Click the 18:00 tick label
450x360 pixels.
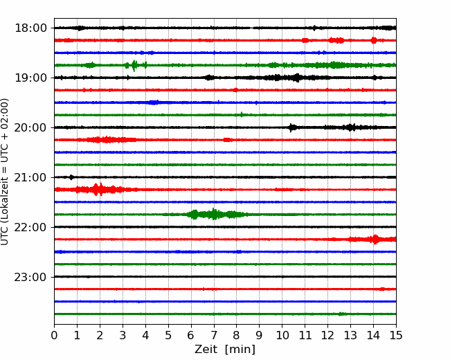(30, 28)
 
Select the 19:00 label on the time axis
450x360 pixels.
(30, 78)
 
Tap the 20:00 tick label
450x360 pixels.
(30, 127)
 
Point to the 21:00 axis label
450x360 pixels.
(30, 177)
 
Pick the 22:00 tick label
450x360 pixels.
(30, 227)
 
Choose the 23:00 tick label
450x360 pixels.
(30, 277)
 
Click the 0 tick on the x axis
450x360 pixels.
(54, 335)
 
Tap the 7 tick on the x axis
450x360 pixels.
(214, 335)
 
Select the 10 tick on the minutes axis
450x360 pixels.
(282, 335)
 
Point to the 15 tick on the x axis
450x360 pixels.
(396, 335)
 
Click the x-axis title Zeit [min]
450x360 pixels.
(225, 350)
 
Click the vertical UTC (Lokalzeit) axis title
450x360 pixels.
(5, 172)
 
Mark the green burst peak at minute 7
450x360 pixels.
(213, 214)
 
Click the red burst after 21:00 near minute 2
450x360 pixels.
(99, 190)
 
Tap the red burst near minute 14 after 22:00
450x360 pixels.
(375, 239)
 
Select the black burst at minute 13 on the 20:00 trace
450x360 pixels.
(350, 127)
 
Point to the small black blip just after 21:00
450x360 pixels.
(71, 177)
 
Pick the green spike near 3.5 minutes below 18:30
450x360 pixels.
(134, 66)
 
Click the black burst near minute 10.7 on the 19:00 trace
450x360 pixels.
(297, 78)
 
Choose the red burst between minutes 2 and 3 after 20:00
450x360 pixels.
(107, 140)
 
